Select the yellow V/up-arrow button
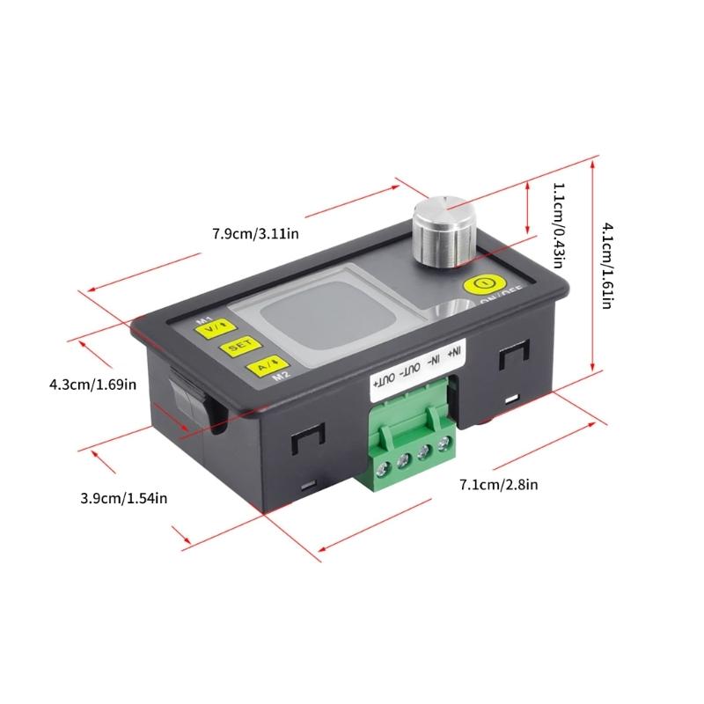(x=212, y=330)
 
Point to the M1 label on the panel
(x=202, y=319)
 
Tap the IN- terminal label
(x=434, y=362)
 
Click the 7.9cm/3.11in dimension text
(x=256, y=234)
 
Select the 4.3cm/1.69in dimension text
(x=92, y=384)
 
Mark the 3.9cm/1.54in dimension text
(x=123, y=498)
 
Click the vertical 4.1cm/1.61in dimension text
(x=608, y=264)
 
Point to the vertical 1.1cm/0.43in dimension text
(x=558, y=225)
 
